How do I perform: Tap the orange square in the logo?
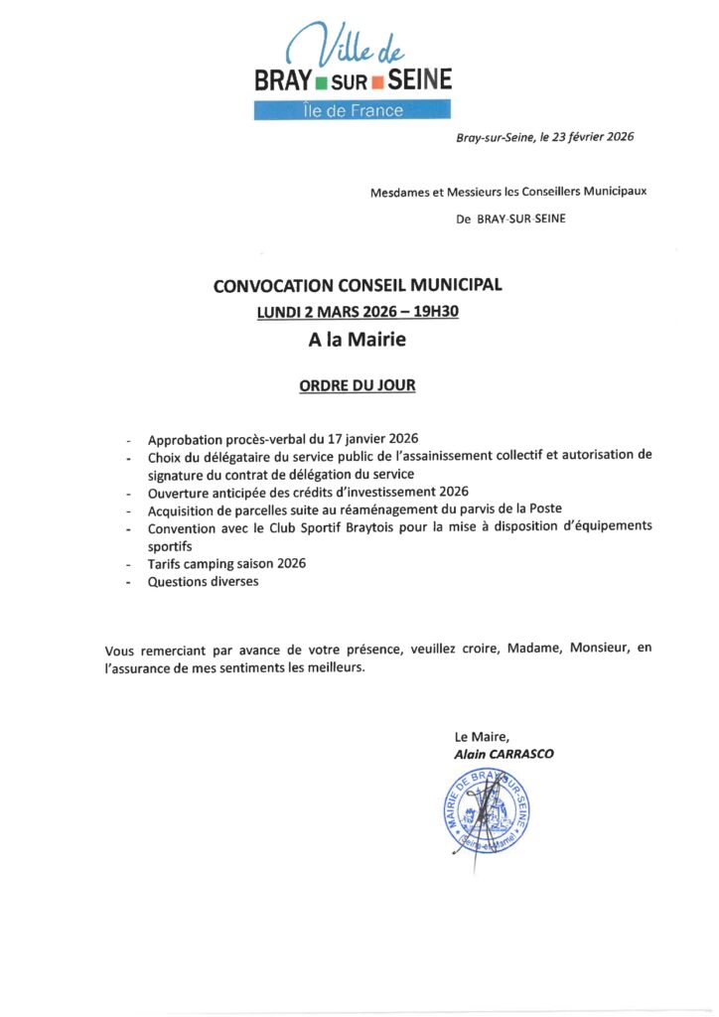(x=378, y=81)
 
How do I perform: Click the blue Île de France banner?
(x=354, y=110)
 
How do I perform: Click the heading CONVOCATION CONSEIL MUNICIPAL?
(x=358, y=286)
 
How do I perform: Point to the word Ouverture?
(x=179, y=492)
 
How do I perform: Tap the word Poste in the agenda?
(x=543, y=509)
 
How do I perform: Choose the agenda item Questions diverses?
(x=203, y=581)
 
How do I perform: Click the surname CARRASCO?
(x=518, y=755)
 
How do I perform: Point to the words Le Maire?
(x=482, y=737)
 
